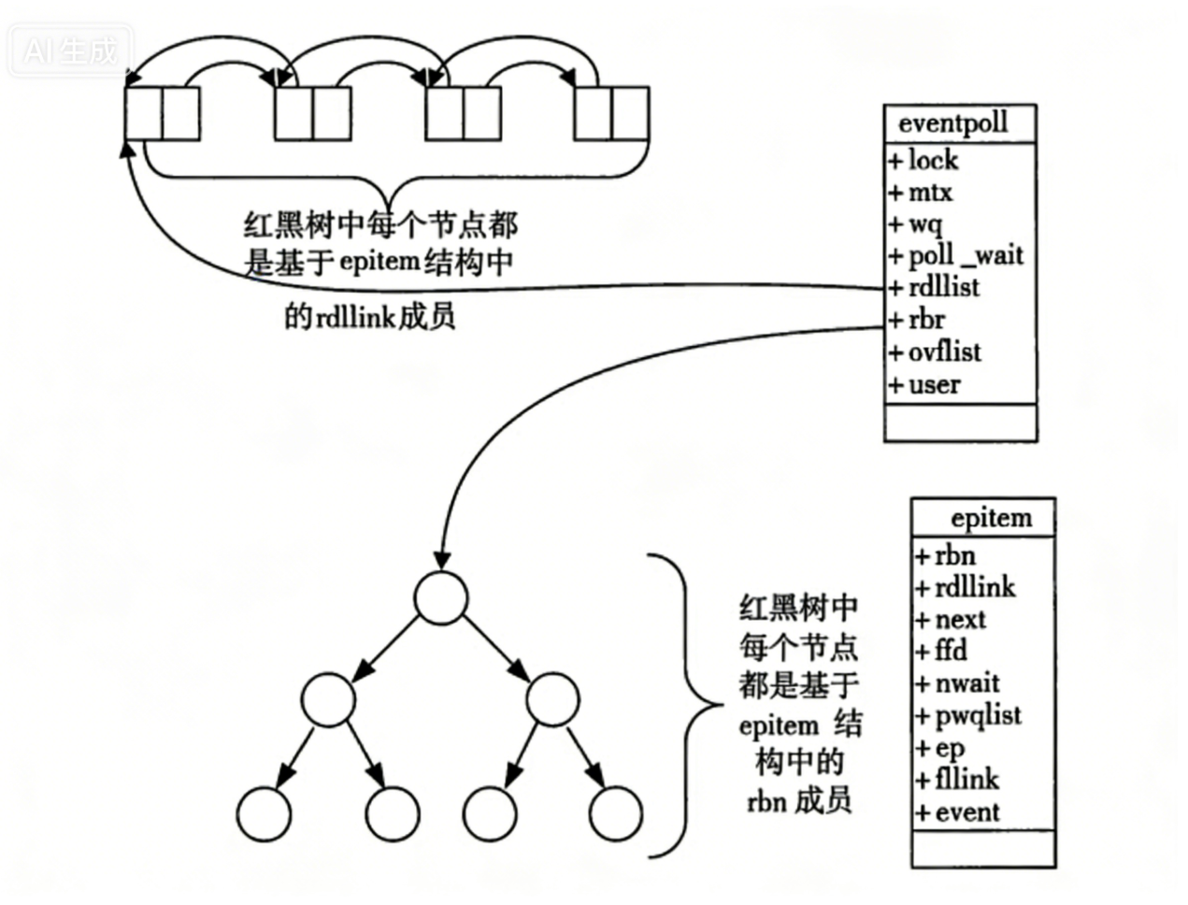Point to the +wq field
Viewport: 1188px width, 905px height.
(916, 224)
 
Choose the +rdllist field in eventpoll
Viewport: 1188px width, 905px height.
(934, 287)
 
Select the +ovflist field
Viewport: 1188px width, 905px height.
(935, 352)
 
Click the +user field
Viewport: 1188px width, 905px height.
(924, 384)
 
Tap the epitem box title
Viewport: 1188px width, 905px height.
(991, 518)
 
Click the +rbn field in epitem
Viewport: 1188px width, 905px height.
(946, 556)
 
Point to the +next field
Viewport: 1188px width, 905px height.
(952, 620)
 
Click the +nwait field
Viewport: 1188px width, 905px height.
(958, 683)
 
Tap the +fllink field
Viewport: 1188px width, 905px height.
(958, 780)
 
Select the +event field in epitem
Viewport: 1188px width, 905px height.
(958, 812)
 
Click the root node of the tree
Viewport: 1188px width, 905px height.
(440, 597)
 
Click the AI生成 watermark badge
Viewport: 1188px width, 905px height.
(71, 50)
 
